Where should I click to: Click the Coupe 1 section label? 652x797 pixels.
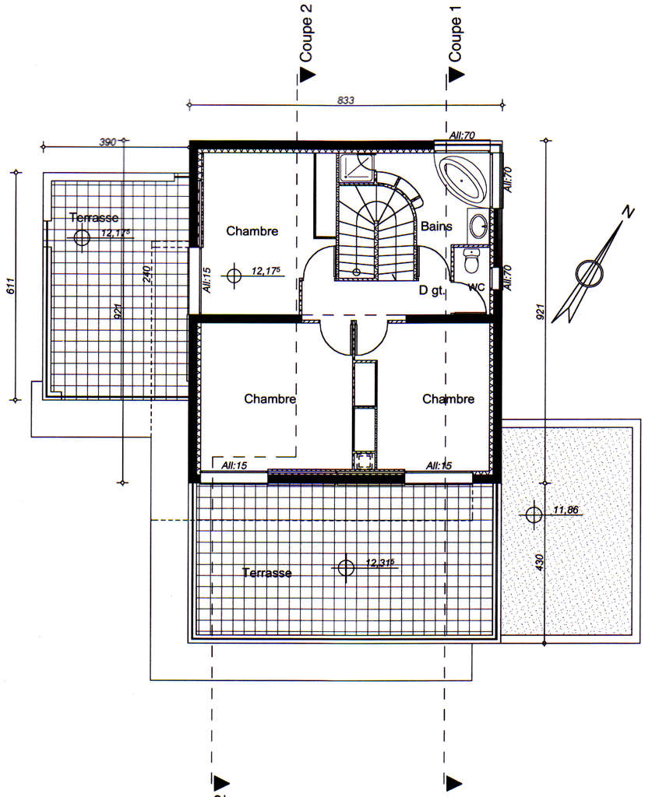[x=455, y=33]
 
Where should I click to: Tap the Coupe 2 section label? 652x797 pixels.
[x=305, y=33]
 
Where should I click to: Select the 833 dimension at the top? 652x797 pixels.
[x=346, y=100]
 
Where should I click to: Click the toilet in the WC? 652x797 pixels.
[x=471, y=261]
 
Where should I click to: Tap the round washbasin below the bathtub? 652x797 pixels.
[x=478, y=225]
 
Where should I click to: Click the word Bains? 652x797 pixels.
[x=436, y=226]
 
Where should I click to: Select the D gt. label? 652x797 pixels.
[x=432, y=290]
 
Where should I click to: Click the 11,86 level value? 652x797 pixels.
[x=566, y=509]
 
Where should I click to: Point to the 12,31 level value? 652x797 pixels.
[x=380, y=563]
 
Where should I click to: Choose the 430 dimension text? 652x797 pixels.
[x=540, y=562]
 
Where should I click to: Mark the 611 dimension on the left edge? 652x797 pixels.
[x=11, y=286]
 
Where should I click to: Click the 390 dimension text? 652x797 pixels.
[x=107, y=142]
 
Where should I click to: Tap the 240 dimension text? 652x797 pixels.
[x=147, y=275]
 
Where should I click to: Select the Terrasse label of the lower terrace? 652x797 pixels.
[x=267, y=573]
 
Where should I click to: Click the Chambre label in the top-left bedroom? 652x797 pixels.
[x=252, y=231]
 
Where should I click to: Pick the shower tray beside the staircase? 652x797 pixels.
[x=356, y=168]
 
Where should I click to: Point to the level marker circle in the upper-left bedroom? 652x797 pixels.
[x=234, y=276]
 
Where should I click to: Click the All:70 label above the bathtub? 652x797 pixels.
[x=462, y=135]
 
